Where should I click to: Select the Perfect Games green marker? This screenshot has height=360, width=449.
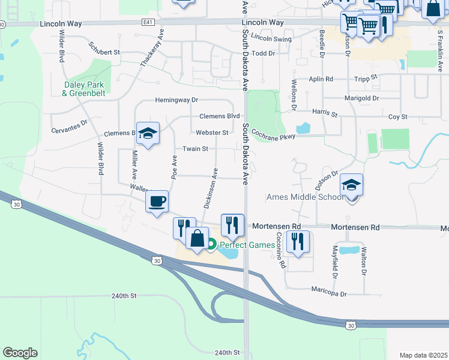click(211, 244)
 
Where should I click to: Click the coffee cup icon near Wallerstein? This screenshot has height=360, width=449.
click(157, 201)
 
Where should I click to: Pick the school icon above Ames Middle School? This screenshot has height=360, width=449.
click(352, 185)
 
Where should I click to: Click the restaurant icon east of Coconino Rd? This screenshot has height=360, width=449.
click(298, 242)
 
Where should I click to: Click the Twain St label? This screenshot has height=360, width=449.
click(196, 149)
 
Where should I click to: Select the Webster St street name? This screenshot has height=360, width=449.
click(212, 133)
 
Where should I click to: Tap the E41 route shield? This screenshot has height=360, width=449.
click(148, 22)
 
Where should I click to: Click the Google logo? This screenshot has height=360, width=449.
click(20, 352)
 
